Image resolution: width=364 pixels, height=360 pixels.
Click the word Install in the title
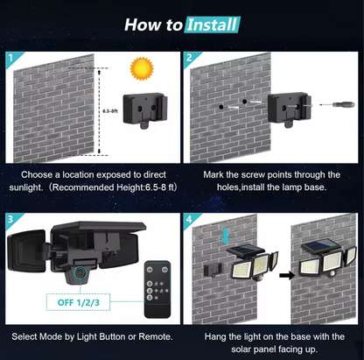tap(212, 25)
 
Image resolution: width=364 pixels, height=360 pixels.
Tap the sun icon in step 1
tap(142, 68)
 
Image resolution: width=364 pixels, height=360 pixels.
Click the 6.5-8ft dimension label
tap(110, 111)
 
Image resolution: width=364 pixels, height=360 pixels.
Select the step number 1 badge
tap(10, 57)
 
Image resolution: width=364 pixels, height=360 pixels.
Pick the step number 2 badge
tap(189, 57)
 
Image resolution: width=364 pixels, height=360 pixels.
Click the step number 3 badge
tap(10, 219)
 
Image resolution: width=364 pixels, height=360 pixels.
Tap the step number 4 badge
tap(189, 219)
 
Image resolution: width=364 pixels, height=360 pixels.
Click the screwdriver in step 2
tap(338, 104)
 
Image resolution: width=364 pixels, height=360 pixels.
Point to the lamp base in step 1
tap(145, 109)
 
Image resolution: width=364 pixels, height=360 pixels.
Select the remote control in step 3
tap(157, 289)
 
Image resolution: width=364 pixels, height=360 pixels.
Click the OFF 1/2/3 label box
tap(78, 302)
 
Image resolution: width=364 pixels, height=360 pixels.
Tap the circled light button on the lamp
tap(80, 272)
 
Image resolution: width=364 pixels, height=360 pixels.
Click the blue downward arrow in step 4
tap(226, 236)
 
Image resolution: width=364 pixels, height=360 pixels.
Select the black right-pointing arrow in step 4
tap(287, 275)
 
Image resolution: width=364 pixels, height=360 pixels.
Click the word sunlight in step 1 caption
tap(25, 187)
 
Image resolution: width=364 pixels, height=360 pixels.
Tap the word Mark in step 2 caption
tap(213, 174)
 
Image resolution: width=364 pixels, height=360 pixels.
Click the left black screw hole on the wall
tap(221, 107)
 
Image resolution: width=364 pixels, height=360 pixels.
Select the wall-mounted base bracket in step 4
tap(213, 270)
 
